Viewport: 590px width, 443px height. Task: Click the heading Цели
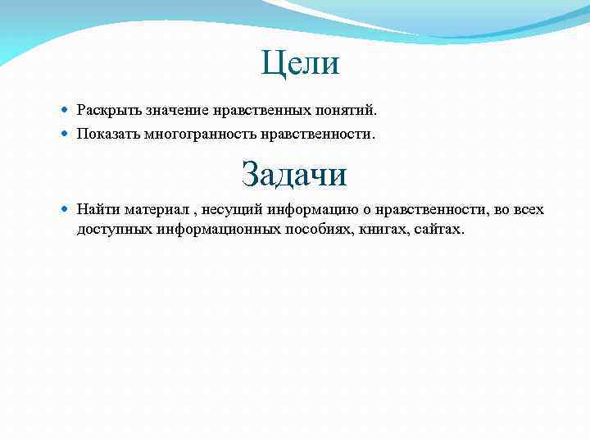(x=300, y=63)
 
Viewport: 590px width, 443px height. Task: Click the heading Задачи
(x=294, y=173)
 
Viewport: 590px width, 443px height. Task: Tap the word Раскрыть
(x=104, y=109)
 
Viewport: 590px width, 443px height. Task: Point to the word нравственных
(x=249, y=109)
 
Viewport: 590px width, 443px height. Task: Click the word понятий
(x=347, y=109)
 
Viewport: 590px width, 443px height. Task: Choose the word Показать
(x=107, y=132)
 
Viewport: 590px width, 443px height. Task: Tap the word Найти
(x=98, y=209)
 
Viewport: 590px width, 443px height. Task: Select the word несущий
(x=229, y=209)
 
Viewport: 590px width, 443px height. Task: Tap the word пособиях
(x=320, y=228)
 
